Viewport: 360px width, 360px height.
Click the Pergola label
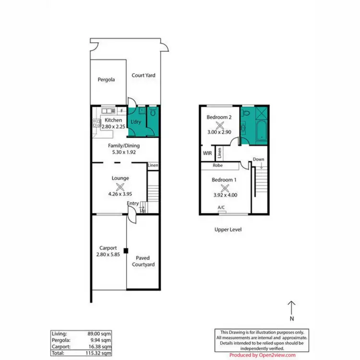coord(106,80)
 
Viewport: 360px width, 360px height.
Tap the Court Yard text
coord(144,75)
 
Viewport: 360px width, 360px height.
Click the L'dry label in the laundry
coord(136,122)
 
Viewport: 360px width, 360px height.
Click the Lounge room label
coord(120,178)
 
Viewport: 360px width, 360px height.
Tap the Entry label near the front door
coord(133,204)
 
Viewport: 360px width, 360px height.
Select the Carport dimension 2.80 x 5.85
coord(108,255)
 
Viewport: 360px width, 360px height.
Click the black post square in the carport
coord(126,250)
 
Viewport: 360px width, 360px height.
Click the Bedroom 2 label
coord(219,117)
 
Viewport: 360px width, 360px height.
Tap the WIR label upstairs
coord(207,154)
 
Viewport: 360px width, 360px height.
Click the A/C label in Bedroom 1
coord(221,207)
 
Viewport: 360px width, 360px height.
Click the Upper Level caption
coord(228,230)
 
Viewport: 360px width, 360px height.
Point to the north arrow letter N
coord(291,319)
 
